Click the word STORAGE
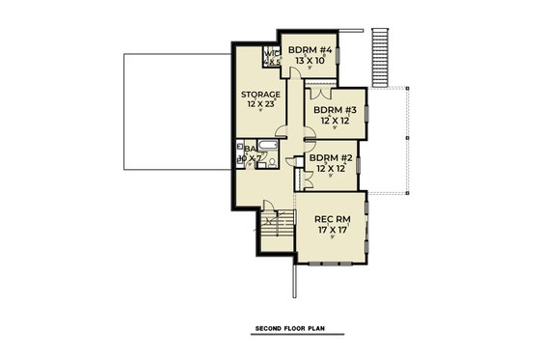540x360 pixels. coord(260,95)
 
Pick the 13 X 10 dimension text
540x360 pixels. coord(310,59)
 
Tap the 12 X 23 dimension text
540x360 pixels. coord(260,105)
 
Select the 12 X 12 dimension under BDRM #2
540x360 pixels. coord(328,169)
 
